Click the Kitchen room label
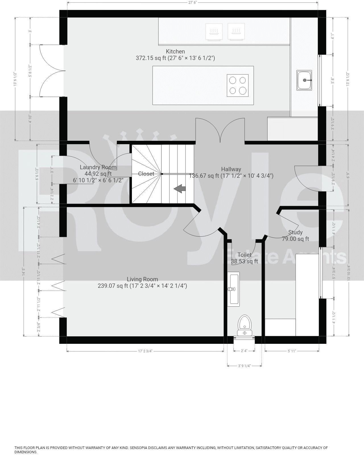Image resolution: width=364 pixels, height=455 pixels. pyautogui.click(x=175, y=51)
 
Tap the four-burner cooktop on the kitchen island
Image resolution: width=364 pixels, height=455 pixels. pyautogui.click(x=238, y=85)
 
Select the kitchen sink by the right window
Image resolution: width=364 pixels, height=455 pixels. pyautogui.click(x=304, y=80)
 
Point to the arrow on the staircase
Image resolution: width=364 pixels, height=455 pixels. pyautogui.click(x=180, y=189)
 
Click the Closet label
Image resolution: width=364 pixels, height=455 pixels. pyautogui.click(x=146, y=174)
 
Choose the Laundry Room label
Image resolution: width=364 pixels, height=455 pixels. pyautogui.click(x=98, y=167)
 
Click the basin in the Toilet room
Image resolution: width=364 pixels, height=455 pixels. pyautogui.click(x=233, y=289)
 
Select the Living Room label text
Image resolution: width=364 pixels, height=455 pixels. pyautogui.click(x=142, y=279)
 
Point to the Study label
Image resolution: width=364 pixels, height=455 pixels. pyautogui.click(x=295, y=232)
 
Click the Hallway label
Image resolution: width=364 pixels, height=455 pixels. pyautogui.click(x=231, y=169)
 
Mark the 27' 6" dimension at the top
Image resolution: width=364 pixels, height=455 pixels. pyautogui.click(x=193, y=2)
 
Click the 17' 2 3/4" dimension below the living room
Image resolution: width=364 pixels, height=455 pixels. pyautogui.click(x=145, y=351)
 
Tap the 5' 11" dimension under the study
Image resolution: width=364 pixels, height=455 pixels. pyautogui.click(x=292, y=351)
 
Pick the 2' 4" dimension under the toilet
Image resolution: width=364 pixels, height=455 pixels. pyautogui.click(x=244, y=351)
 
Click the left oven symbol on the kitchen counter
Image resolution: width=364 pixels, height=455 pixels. pyautogui.click(x=214, y=32)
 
